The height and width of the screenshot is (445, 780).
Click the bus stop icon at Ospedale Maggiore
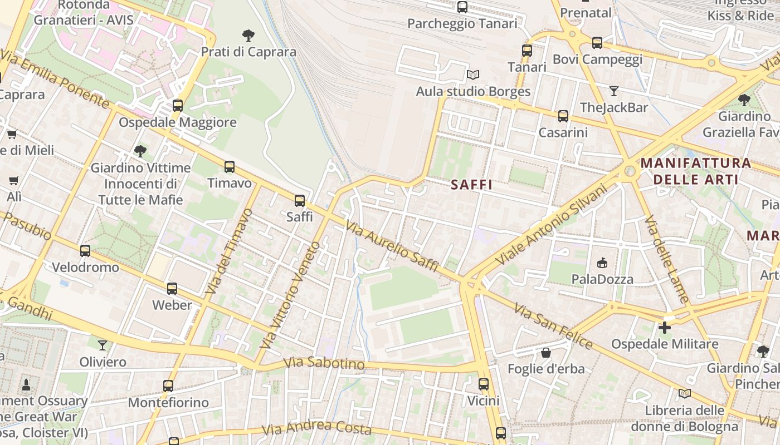(x=178, y=105)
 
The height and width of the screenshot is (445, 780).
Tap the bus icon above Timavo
(x=230, y=166)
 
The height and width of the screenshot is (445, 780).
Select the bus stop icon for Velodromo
(x=85, y=251)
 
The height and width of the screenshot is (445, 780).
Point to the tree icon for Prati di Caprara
(x=248, y=36)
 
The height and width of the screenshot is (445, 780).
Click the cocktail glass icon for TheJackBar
(x=614, y=91)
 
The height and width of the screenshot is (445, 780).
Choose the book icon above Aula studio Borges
(x=473, y=75)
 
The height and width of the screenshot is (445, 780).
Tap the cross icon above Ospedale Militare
(x=665, y=328)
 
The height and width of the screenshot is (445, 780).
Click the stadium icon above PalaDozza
(x=602, y=263)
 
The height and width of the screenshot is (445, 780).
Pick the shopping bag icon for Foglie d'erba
(x=546, y=353)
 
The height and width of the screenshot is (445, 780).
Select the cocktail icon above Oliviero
(x=103, y=345)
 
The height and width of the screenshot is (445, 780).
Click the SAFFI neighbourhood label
(x=471, y=185)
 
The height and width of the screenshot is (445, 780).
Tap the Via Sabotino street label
(x=324, y=364)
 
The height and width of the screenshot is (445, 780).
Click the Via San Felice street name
(x=553, y=326)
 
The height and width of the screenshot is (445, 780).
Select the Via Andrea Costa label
(x=316, y=428)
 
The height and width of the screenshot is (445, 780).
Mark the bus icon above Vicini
(x=484, y=384)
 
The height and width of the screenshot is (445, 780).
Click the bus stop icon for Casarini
(x=563, y=116)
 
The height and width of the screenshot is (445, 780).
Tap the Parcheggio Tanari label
(x=462, y=24)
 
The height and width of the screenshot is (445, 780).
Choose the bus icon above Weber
(x=172, y=289)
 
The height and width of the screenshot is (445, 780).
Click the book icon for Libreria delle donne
(x=685, y=394)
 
